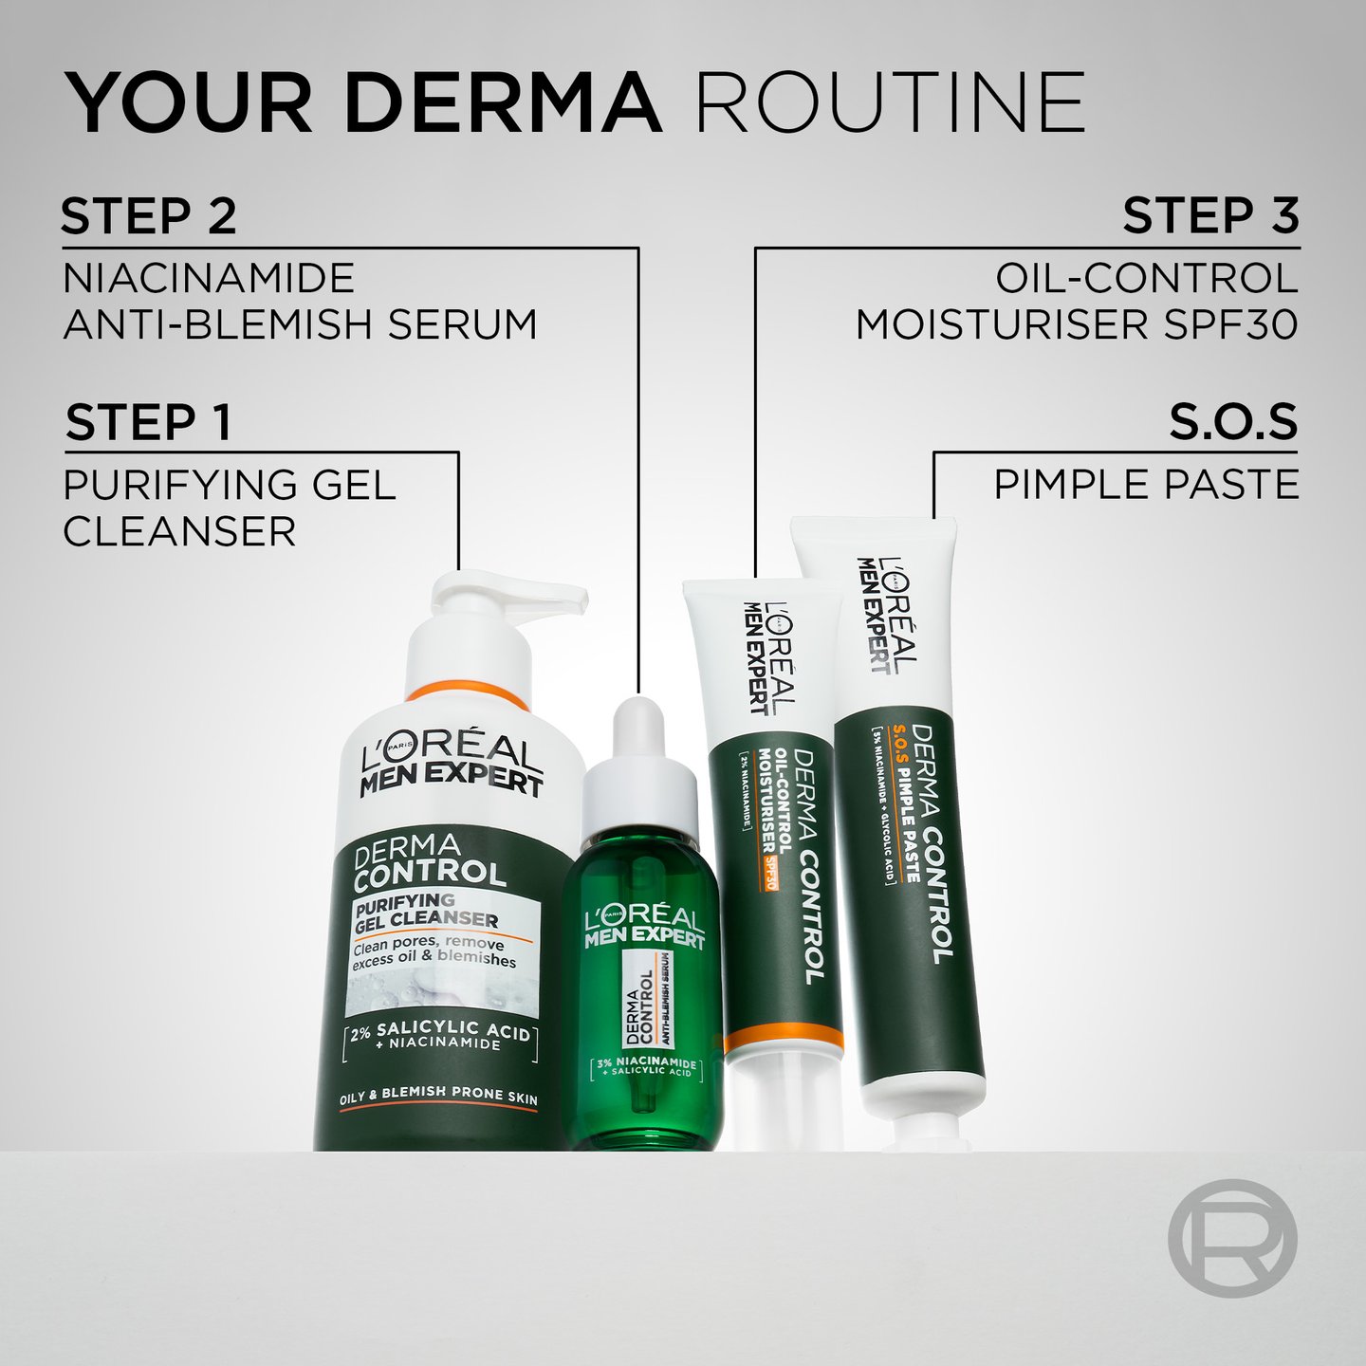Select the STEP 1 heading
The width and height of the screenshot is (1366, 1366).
[x=149, y=422]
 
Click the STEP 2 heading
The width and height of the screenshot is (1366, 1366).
[x=149, y=216]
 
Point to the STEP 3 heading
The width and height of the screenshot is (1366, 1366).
[x=1210, y=216]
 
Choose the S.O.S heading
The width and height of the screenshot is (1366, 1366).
[x=1232, y=422]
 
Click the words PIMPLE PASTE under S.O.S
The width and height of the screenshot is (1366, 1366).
[x=1146, y=485]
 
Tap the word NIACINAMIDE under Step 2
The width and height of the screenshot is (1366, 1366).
[x=209, y=279]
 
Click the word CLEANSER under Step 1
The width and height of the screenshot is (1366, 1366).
[x=179, y=531]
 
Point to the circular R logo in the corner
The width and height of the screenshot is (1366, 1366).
[x=1231, y=1238]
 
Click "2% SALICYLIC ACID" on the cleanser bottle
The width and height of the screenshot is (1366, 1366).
[x=440, y=1031]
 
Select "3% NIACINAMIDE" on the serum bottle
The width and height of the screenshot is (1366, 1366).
[x=646, y=1063]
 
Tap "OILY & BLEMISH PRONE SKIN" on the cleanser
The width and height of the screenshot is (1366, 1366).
[x=438, y=1096]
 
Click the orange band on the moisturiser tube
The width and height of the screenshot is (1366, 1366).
[x=784, y=1041]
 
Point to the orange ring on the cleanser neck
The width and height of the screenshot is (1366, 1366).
[x=467, y=692]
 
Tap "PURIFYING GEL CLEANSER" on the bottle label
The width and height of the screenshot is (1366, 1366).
[x=427, y=911]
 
